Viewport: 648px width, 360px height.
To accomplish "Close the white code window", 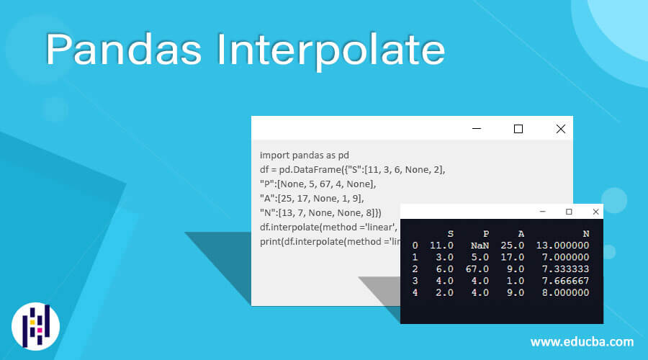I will point(561,129).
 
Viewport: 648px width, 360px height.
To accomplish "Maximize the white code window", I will point(518,129).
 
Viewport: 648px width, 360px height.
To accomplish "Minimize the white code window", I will point(476,129).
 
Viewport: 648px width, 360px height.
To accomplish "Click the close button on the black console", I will point(595,212).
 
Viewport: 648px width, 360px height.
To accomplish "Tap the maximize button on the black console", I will point(569,212).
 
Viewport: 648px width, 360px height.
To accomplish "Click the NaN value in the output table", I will point(479,245).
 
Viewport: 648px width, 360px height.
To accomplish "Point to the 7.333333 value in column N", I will point(563,269).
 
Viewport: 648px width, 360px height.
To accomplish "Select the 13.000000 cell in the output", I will point(563,245).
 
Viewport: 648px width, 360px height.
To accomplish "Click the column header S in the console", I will point(450,233).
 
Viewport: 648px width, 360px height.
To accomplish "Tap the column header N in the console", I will point(585,233).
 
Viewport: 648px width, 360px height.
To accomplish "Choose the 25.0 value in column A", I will point(513,245).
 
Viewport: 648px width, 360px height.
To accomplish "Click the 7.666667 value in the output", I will point(563,281).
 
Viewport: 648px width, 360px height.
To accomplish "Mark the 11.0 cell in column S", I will point(441,245).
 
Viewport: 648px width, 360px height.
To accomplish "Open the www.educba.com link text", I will point(582,342).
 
